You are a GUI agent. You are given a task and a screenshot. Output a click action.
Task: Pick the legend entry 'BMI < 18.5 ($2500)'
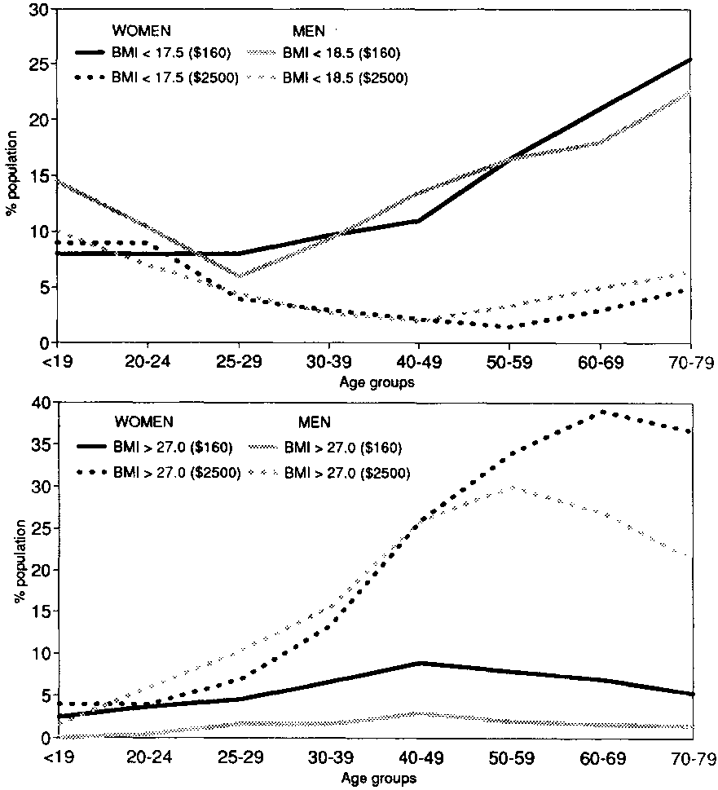click(x=345, y=78)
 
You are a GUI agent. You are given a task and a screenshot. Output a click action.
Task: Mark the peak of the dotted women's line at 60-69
click(x=601, y=412)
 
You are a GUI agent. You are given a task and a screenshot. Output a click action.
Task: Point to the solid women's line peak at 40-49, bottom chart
click(x=419, y=663)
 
